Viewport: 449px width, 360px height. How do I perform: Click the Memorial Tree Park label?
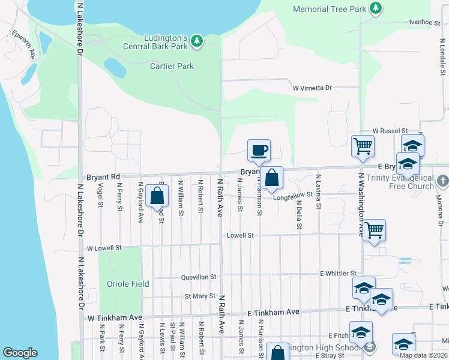point(328,9)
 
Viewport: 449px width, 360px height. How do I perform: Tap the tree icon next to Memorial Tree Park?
point(376,8)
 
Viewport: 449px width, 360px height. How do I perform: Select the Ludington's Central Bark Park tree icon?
point(197,41)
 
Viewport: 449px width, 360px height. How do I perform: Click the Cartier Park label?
point(172,66)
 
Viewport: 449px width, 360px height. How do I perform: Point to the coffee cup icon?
point(259,150)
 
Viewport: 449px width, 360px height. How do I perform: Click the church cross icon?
point(442,179)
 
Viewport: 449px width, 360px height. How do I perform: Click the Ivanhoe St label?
point(425,22)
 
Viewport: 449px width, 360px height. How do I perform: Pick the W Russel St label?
point(390,130)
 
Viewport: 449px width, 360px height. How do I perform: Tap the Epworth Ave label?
point(22,43)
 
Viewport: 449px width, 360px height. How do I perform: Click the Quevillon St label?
point(199,277)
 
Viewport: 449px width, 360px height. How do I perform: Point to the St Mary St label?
point(200,296)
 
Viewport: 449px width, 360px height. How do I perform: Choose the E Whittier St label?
point(339,274)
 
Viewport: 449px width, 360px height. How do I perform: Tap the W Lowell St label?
point(104,247)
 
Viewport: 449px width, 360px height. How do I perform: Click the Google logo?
point(20,353)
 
